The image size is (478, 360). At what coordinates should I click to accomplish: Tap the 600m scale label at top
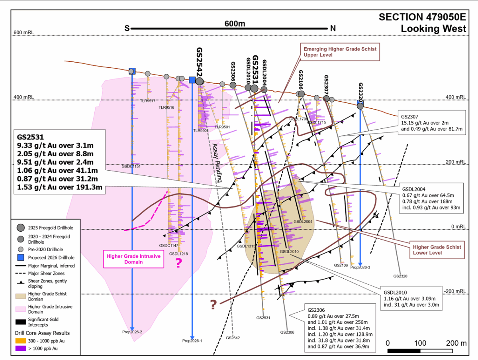pyautogui.click(x=234, y=24)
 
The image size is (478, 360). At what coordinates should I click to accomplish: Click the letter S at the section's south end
pyautogui.click(x=127, y=28)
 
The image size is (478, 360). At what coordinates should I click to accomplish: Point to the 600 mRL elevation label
pyautogui.click(x=22, y=32)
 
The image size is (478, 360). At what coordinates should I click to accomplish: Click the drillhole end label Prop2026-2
pyautogui.click(x=132, y=332)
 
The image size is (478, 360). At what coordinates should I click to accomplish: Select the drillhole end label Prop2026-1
pyautogui.click(x=192, y=341)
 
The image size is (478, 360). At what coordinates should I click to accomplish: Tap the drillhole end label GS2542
pyautogui.click(x=233, y=338)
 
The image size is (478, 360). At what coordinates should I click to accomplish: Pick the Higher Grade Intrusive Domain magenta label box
pyautogui.click(x=133, y=259)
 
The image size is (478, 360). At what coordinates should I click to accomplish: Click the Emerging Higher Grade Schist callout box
pyautogui.click(x=340, y=52)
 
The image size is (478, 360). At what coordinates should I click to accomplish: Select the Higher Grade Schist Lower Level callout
pyautogui.click(x=437, y=250)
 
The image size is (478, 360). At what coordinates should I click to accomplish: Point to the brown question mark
pyautogui.click(x=213, y=305)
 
